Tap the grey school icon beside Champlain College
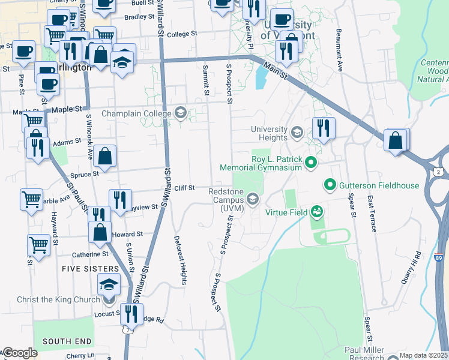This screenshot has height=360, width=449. click(180, 113)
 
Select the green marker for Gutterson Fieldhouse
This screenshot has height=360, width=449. click(330, 185)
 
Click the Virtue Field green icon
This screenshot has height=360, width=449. click(316, 211)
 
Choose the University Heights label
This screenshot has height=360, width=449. click(269, 133)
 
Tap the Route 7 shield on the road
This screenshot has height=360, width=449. click(125, 329)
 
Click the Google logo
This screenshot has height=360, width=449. click(20, 353)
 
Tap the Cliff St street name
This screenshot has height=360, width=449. click(184, 188)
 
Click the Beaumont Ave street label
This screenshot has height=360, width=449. click(339, 50)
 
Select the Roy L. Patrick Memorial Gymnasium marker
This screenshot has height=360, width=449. click(310, 162)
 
